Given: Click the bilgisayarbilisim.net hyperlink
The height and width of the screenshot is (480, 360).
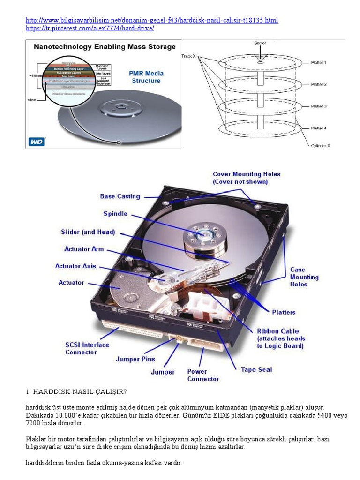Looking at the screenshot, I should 152,21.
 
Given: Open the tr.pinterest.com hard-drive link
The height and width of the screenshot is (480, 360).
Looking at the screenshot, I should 90,29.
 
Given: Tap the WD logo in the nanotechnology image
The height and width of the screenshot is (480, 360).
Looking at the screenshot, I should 36,142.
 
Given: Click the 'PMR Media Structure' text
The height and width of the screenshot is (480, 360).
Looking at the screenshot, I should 146,77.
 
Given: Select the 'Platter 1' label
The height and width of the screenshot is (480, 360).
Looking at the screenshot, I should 319,62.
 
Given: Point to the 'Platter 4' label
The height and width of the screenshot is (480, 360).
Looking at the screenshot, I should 319,128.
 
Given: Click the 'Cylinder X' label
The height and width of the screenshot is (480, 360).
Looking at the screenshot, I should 321,146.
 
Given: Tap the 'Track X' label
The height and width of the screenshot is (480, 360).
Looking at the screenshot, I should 189,56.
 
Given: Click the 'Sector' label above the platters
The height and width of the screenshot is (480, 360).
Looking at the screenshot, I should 260,43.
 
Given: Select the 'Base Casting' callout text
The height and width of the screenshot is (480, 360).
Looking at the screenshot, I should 120,196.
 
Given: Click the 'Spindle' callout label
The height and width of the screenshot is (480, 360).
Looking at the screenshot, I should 115,214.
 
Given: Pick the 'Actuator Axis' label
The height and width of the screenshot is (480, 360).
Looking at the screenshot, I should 75,266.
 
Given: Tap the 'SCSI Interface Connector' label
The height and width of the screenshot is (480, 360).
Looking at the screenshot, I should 87,348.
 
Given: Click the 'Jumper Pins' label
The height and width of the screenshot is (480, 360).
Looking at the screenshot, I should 135,359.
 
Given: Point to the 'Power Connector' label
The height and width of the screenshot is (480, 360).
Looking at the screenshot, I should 203,375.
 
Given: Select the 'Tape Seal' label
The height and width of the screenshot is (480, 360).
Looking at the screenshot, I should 256,369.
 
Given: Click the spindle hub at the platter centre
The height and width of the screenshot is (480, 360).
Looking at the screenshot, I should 204,233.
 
